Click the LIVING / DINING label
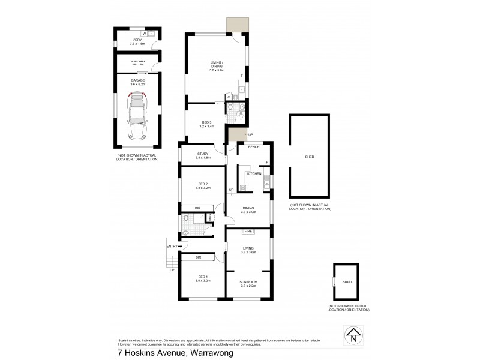pos(216,65)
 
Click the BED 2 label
pos(203,185)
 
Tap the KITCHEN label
pos(254,173)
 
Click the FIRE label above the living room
pos(248,231)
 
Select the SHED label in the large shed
pos(310,157)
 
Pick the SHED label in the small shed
pos(347,282)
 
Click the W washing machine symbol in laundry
pos(144,34)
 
